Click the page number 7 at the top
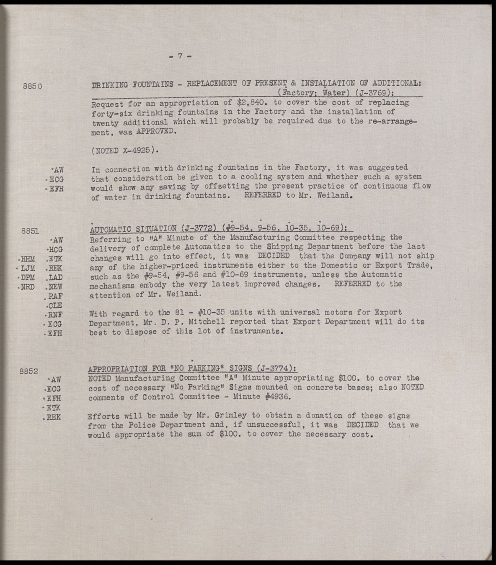click(180, 56)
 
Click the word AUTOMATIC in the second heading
click(110, 229)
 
